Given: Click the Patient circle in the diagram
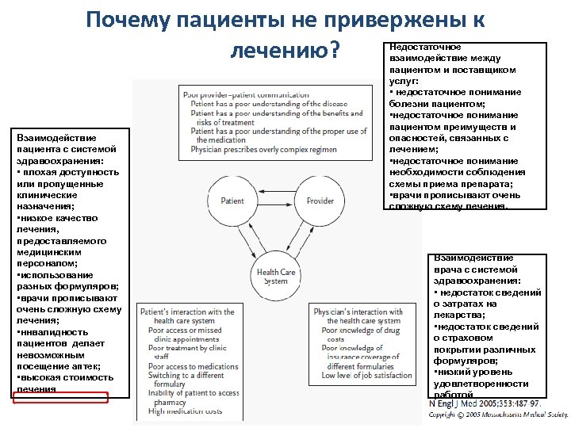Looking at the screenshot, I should coord(232,201).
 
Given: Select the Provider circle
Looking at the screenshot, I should coord(320,201).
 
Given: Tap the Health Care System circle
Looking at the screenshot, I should coord(276,277).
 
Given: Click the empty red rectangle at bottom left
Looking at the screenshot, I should coord(61,397).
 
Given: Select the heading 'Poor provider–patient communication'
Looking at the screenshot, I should coord(246,95).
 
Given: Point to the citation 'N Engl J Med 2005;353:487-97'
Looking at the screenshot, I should coord(485,404).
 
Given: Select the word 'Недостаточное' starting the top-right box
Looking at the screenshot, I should coord(425,48).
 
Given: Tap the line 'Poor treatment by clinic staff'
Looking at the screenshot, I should coord(186,353).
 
